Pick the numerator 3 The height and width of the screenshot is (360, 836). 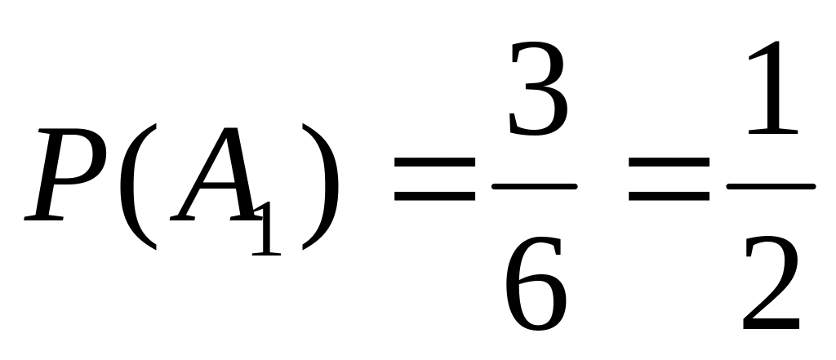536,90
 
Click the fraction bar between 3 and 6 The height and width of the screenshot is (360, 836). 535,187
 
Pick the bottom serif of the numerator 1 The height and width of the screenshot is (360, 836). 772,131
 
